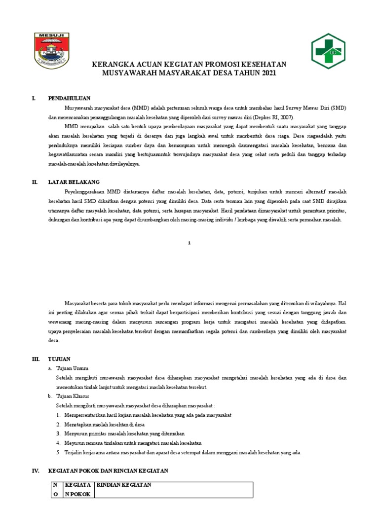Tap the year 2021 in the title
[269, 73]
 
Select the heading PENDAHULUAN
[69, 98]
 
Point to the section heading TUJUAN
[59, 359]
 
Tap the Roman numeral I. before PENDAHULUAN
[34, 98]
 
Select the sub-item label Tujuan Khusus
[73, 396]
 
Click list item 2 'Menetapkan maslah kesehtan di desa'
[104, 424]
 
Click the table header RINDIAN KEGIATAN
[123, 485]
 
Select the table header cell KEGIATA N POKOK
[78, 490]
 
